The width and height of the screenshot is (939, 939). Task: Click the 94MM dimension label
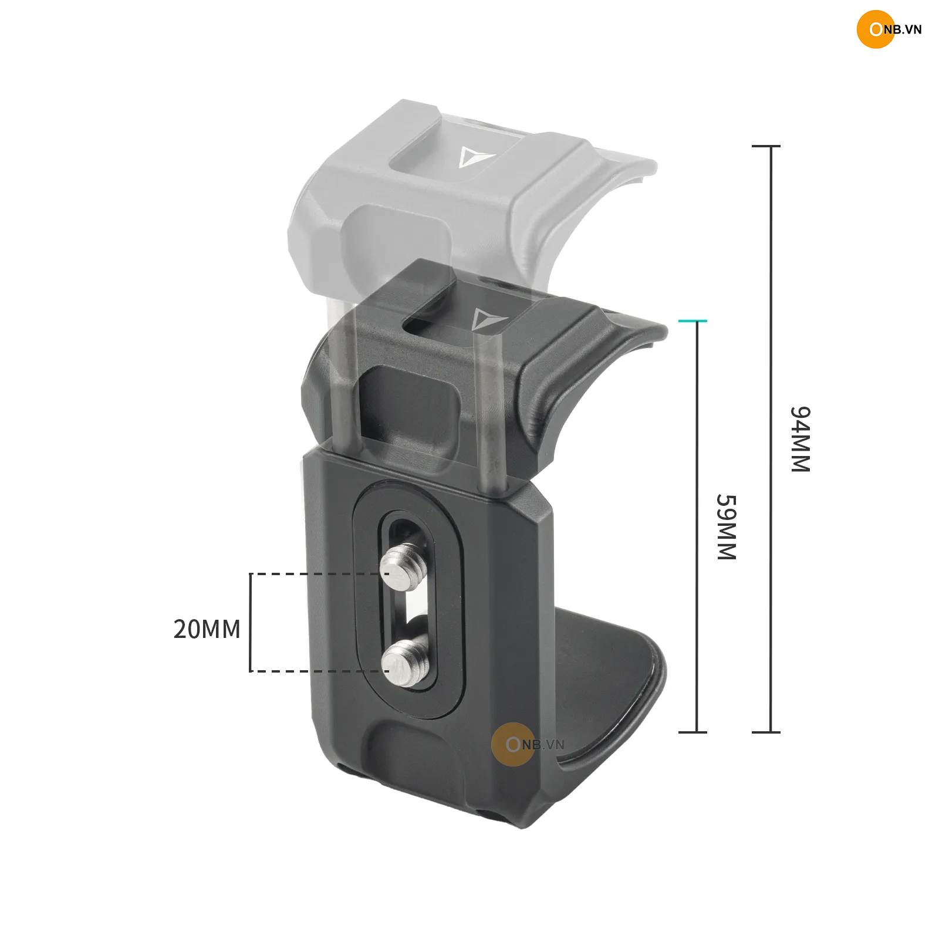point(799,439)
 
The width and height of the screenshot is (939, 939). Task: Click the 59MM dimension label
point(726,527)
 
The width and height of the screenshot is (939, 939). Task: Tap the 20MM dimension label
point(207,629)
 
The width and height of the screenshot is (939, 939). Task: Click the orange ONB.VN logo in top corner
point(889,29)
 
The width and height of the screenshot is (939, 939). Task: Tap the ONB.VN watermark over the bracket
point(527,744)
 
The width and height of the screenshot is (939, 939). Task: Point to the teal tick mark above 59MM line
point(693,321)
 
